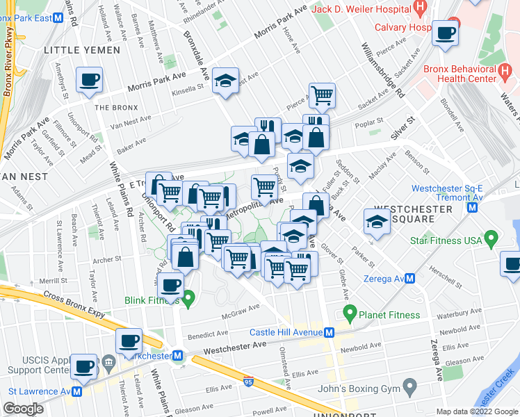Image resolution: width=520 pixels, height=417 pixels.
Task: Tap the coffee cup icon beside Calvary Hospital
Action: (x=445, y=33)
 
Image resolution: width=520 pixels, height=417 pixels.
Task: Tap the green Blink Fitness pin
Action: (x=188, y=300)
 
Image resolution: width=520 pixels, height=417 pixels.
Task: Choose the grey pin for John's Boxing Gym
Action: (x=409, y=385)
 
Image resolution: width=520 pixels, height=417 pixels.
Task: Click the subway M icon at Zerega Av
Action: (x=410, y=279)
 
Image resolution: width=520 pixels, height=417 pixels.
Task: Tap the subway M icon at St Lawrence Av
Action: (x=76, y=391)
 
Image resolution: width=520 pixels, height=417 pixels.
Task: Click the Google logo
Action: (x=23, y=409)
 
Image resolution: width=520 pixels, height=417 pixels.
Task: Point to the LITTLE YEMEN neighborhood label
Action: (x=77, y=50)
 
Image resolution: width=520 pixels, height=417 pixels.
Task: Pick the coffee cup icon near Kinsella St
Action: (x=88, y=81)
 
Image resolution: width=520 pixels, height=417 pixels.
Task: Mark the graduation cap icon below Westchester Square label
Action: (x=376, y=222)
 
